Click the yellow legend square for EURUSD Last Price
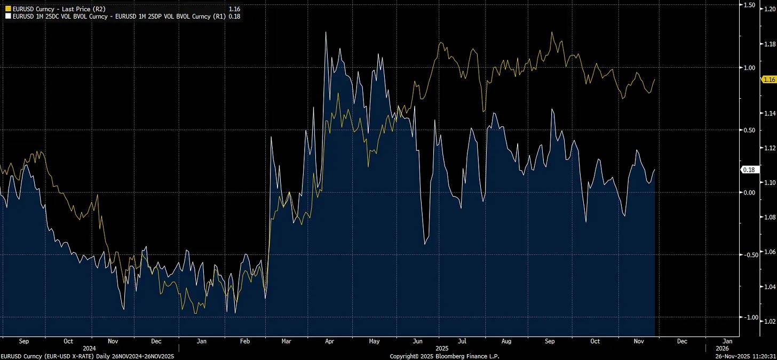(x=8, y=9)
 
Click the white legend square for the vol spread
(x=8, y=16)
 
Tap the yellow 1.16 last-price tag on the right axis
(x=769, y=79)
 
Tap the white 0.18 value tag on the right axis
(x=748, y=170)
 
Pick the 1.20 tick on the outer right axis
(x=770, y=10)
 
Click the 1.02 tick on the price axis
(x=770, y=321)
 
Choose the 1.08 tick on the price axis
(x=770, y=217)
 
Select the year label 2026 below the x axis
(x=727, y=347)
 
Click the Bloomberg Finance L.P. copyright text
(x=445, y=356)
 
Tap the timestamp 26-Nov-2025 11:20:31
(x=746, y=356)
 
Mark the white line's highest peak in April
(x=326, y=32)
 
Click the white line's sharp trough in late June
(x=425, y=244)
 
